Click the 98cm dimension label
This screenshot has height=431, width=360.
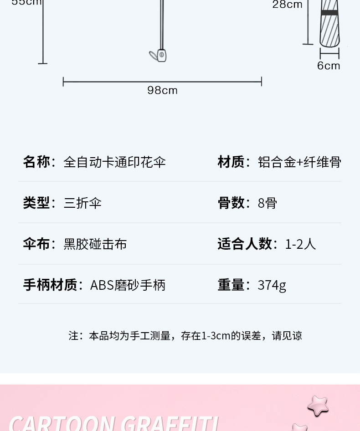pyautogui.click(x=162, y=90)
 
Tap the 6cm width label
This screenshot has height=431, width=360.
pyautogui.click(x=329, y=66)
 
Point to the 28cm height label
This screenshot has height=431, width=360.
pyautogui.click(x=287, y=5)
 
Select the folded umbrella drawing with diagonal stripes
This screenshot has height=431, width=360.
pyautogui.click(x=329, y=25)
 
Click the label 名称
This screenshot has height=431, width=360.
pyautogui.click(x=36, y=162)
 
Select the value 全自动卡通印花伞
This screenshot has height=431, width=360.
pyautogui.click(x=114, y=162)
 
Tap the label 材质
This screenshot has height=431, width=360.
pyautogui.click(x=231, y=162)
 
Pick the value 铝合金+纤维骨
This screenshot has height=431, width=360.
pyautogui.click(x=299, y=162)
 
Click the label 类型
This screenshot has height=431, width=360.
pyautogui.click(x=36, y=203)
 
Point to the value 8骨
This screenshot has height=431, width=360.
pyautogui.click(x=267, y=203)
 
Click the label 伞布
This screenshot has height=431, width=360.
pyautogui.click(x=36, y=244)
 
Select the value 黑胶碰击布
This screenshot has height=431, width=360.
pyautogui.click(x=95, y=244)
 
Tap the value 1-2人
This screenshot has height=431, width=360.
pyautogui.click(x=301, y=244)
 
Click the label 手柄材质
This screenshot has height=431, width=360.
pyautogui.click(x=50, y=285)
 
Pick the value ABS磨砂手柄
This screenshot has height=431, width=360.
pyautogui.click(x=128, y=285)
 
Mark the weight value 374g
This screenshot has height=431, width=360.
pyautogui.click(x=272, y=285)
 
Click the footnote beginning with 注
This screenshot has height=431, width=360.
pyautogui.click(x=185, y=336)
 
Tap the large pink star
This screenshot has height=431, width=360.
pyautogui.click(x=318, y=405)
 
